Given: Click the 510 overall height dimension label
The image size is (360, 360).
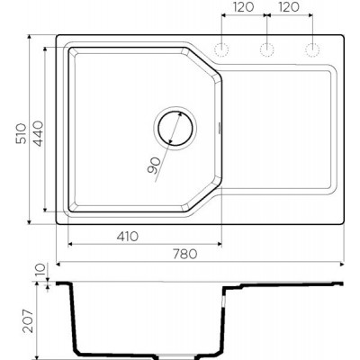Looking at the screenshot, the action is point(22,133).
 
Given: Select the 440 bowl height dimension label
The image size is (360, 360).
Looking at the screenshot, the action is point(38,133).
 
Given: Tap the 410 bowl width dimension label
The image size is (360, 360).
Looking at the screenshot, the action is point(128,237).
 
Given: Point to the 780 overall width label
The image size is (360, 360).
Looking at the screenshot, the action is point(185,254).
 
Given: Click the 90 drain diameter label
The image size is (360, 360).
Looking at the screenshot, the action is point(155,166).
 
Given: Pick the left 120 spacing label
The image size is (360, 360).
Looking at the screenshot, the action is point(244,7).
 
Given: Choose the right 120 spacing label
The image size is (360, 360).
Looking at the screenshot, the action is point(289,7).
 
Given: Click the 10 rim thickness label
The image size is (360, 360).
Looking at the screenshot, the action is point(41,270).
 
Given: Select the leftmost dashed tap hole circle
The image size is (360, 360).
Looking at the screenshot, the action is point(221,49).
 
